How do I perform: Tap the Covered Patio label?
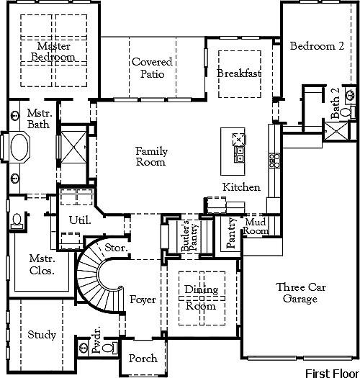click(152, 68)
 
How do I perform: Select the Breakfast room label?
click(238, 73)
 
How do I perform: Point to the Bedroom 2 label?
click(317, 46)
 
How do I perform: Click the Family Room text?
click(152, 156)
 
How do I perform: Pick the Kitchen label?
click(240, 187)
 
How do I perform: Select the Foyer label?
click(143, 300)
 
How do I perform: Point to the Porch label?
click(142, 359)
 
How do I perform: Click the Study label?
click(42, 335)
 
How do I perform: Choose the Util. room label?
click(79, 220)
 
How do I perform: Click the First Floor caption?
click(331, 372)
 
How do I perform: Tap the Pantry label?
click(231, 233)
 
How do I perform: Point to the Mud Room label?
click(255, 226)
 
